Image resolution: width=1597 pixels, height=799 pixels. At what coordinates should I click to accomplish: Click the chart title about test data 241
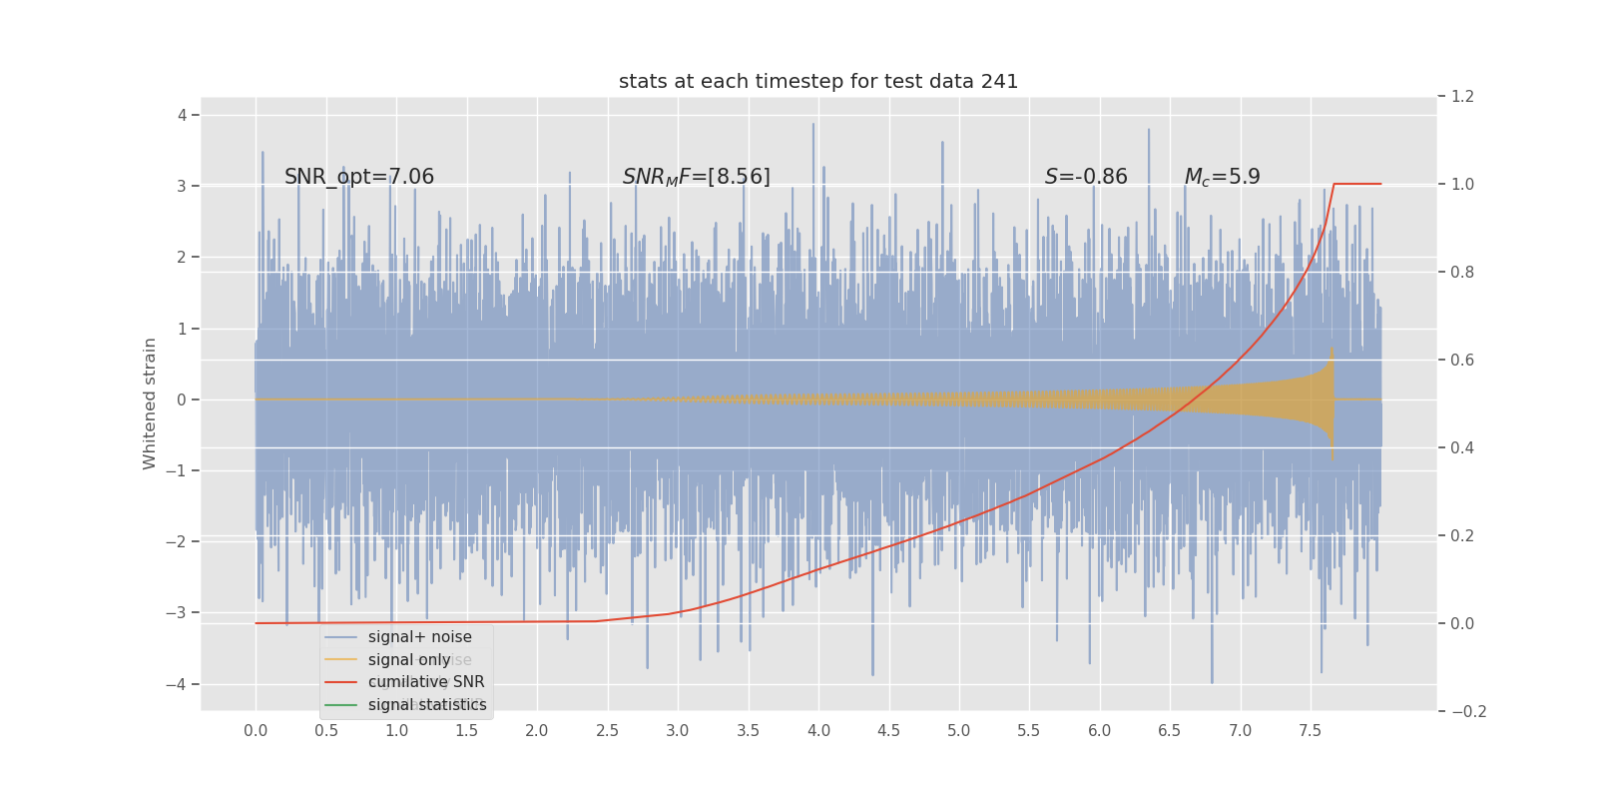[x=818, y=82]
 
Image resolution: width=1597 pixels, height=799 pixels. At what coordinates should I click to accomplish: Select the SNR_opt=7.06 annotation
[x=359, y=177]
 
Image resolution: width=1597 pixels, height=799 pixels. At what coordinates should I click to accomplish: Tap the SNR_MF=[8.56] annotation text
[x=696, y=177]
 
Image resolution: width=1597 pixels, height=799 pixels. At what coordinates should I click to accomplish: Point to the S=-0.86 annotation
[x=1086, y=177]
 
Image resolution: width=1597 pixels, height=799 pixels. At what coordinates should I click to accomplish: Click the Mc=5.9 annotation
[x=1222, y=177]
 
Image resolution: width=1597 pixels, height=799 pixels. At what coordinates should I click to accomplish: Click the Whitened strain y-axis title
[x=150, y=403]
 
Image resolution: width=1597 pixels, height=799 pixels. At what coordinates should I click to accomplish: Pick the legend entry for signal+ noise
[x=419, y=637]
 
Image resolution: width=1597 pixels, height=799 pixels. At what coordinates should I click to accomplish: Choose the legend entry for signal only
[x=409, y=660]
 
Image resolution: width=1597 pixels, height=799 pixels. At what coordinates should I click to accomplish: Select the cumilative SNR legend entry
[x=426, y=682]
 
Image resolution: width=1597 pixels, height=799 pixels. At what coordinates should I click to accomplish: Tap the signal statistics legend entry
[x=427, y=705]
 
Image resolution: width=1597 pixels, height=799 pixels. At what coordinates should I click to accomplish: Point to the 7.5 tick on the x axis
[x=1310, y=731]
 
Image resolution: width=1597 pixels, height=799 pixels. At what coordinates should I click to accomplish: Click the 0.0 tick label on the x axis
[x=256, y=731]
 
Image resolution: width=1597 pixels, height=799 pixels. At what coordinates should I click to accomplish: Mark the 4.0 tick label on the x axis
[x=818, y=731]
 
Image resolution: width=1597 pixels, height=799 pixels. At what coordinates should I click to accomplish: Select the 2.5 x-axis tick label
[x=607, y=731]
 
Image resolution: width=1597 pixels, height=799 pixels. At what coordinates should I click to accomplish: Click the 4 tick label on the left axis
[x=183, y=115]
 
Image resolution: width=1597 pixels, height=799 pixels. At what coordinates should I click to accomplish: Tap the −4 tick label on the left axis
[x=178, y=684]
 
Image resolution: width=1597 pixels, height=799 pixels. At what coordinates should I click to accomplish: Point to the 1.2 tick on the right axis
[x=1462, y=97]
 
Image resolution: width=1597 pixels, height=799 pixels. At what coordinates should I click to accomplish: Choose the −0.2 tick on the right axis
[x=1468, y=711]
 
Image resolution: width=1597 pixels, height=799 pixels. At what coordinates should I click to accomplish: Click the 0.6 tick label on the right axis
[x=1462, y=360]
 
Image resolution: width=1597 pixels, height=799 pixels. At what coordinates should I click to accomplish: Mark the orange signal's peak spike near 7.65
[x=1331, y=352]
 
